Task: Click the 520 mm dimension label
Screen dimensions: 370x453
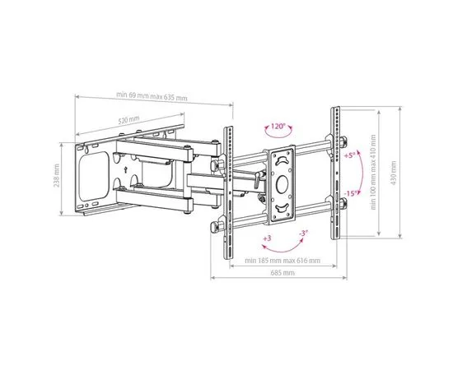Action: tap(128, 120)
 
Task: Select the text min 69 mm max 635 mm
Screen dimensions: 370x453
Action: tap(152, 98)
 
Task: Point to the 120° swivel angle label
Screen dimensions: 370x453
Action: tap(277, 127)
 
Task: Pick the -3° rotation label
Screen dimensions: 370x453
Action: tap(302, 234)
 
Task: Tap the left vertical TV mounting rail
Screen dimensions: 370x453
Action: tap(231, 192)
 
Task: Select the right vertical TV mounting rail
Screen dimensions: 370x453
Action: tap(336, 173)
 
